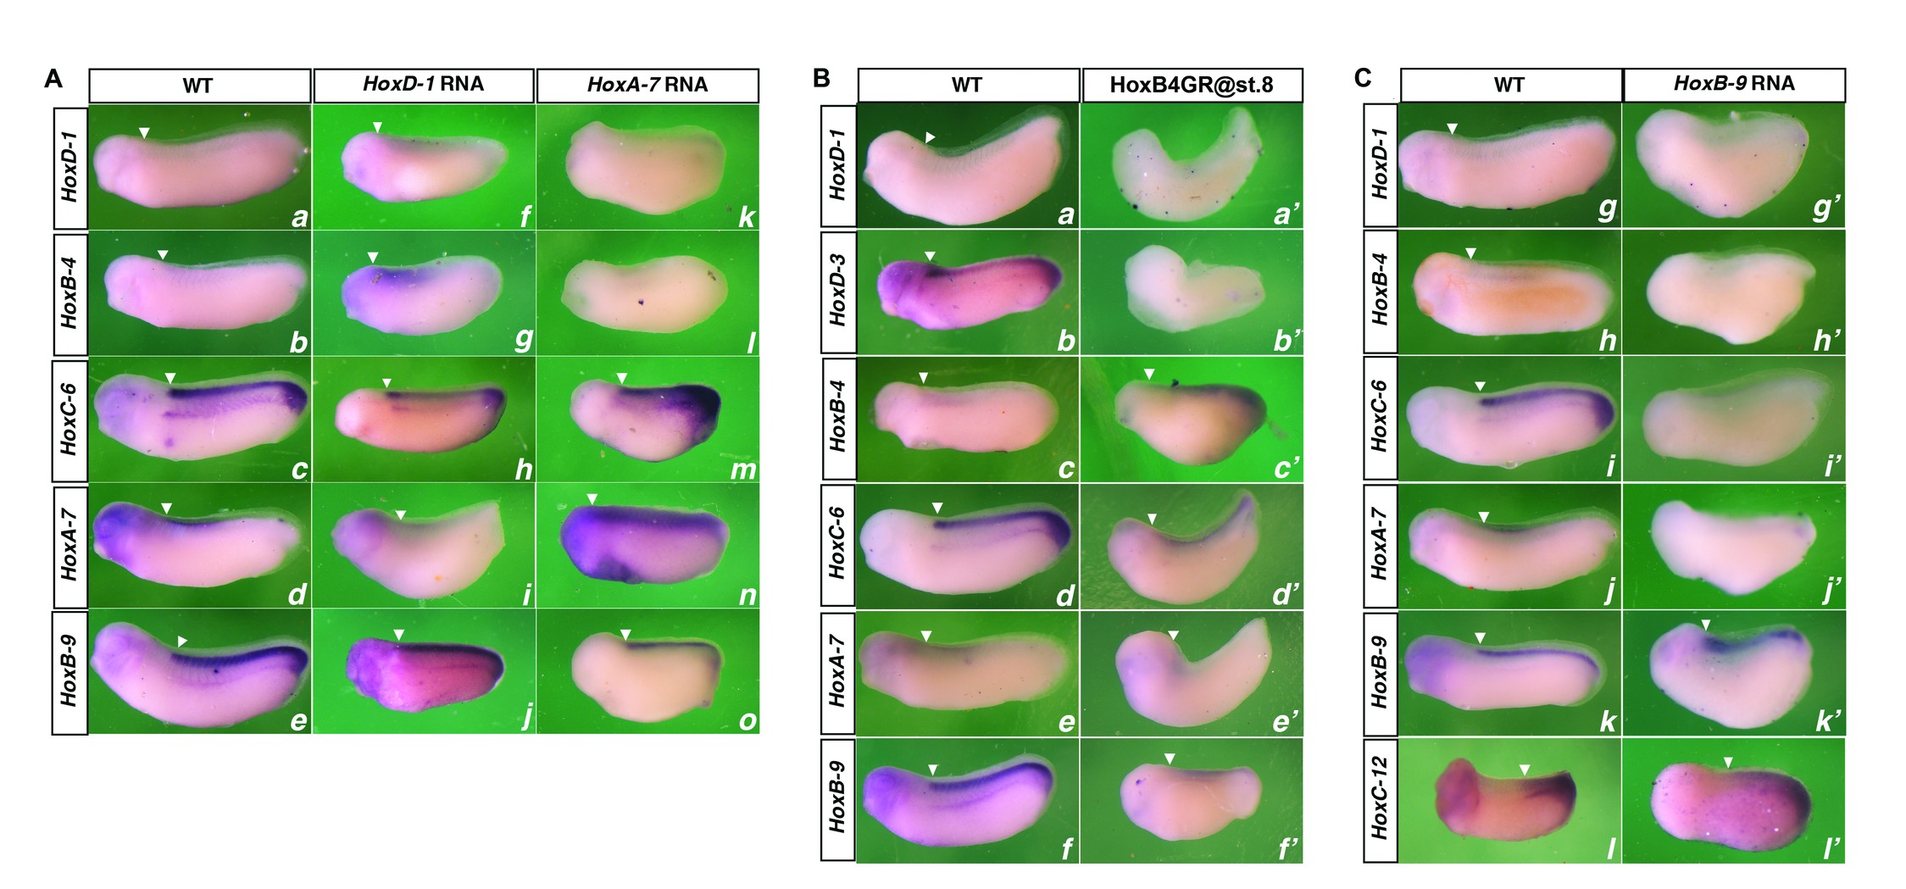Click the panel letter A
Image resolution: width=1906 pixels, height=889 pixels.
(53, 79)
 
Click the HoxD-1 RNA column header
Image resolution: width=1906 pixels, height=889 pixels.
(423, 85)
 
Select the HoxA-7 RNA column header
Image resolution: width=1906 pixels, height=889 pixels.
(647, 85)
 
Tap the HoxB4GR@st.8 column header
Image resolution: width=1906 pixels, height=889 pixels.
(1191, 85)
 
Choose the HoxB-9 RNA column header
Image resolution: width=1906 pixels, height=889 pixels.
(1733, 84)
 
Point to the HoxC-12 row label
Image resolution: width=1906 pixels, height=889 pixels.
(1379, 798)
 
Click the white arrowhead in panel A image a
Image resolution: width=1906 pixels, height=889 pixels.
(145, 132)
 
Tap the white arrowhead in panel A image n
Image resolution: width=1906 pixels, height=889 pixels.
(592, 498)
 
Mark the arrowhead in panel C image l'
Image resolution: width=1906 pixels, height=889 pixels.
(1728, 763)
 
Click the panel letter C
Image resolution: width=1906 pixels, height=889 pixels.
(1363, 79)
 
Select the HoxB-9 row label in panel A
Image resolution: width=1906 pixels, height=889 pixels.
(69, 671)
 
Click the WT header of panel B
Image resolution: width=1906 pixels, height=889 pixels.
(967, 86)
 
